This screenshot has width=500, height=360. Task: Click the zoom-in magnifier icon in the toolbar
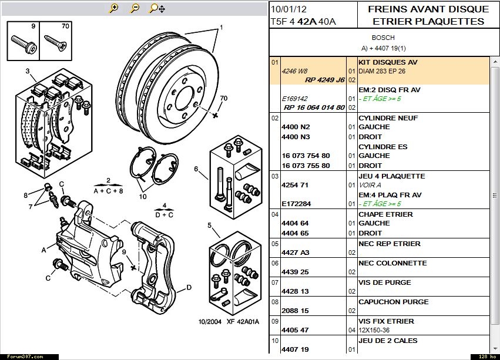114,8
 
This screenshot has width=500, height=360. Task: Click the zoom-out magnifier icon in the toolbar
135,8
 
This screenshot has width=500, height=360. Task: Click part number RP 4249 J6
325,80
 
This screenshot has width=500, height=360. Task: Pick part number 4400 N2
296,127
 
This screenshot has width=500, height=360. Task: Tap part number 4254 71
295,185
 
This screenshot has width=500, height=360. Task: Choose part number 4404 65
295,233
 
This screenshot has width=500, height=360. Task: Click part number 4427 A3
295,253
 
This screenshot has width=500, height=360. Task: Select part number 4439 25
295,272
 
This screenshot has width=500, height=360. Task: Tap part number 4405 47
295,330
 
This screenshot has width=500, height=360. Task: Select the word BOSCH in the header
383,38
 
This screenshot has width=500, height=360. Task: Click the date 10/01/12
288,9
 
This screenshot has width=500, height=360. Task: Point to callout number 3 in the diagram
27,72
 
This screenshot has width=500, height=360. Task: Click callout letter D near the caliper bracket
189,287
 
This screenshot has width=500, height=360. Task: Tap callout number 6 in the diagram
196,169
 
